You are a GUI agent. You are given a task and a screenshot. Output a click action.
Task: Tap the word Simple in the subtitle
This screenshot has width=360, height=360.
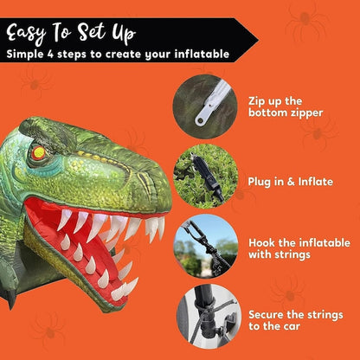point(29,55)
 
